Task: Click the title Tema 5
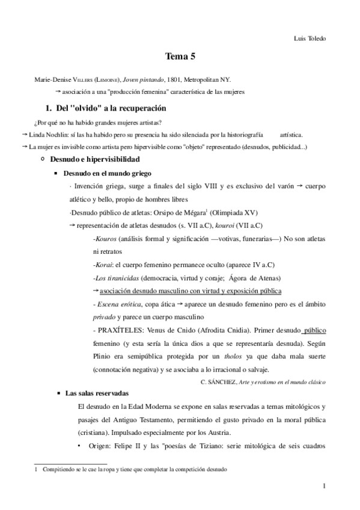180,57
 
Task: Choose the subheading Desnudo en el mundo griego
107,173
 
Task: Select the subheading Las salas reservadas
96,393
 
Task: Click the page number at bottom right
323,487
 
